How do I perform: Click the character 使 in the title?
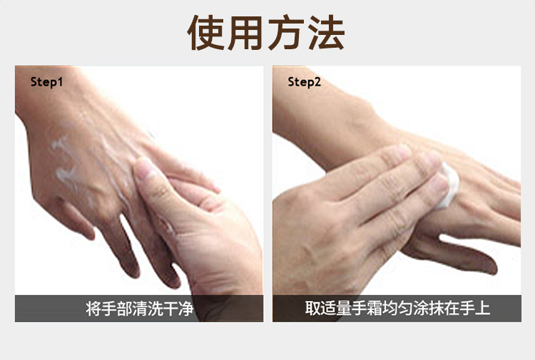[x=205, y=33]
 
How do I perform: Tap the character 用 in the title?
[x=246, y=33]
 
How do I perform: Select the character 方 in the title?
[x=286, y=33]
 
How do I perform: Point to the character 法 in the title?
[x=327, y=33]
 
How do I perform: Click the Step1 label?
[x=46, y=82]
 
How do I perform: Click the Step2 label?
[x=304, y=82]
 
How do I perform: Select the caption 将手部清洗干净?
[x=140, y=308]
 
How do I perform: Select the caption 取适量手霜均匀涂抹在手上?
[x=397, y=308]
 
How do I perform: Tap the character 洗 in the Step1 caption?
[x=156, y=308]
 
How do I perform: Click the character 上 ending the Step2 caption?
[x=483, y=308]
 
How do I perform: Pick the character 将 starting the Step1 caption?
[x=93, y=308]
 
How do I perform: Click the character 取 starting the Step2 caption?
[x=312, y=308]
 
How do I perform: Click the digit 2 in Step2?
[x=317, y=81]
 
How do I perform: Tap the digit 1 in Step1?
[x=60, y=81]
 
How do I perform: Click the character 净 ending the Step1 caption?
[x=186, y=308]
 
